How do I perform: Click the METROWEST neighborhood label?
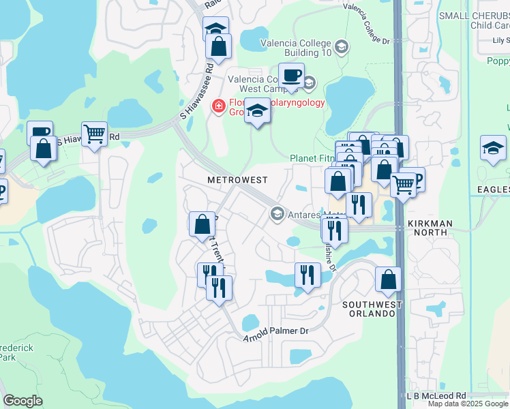pos(237,179)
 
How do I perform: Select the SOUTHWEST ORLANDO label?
pos(369,308)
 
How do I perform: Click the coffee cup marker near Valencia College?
pos(291,75)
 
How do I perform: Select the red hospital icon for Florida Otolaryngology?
pos(218,106)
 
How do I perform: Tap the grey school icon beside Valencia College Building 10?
pos(342,47)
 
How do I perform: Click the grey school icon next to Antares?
pos(277,214)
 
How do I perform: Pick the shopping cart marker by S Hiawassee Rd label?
pos(94,134)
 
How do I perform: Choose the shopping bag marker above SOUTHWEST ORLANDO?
pos(388,279)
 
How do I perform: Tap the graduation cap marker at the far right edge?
pos(493,148)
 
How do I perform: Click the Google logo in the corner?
pos(22,401)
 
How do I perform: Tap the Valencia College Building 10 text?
pos(296,47)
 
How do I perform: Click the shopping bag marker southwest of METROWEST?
pos(202,224)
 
